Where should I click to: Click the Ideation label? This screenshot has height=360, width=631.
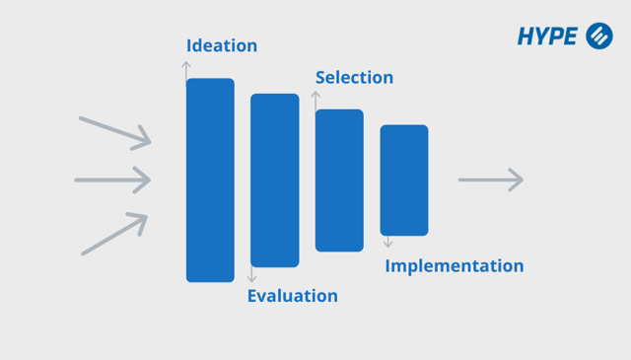click(222, 46)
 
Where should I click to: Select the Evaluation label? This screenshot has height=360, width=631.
click(292, 296)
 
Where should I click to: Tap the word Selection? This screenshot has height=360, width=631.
click(354, 78)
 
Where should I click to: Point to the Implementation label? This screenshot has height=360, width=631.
click(454, 266)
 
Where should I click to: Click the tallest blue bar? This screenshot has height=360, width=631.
click(210, 180)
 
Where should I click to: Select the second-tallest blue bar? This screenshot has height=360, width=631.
click(274, 180)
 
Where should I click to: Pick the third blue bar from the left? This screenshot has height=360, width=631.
click(339, 180)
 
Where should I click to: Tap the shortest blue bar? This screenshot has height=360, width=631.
click(404, 180)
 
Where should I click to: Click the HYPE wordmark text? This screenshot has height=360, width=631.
click(547, 37)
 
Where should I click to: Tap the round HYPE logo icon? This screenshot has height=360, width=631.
click(599, 36)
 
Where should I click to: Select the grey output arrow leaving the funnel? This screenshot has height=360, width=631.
click(490, 180)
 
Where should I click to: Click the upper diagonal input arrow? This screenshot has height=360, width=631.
click(115, 133)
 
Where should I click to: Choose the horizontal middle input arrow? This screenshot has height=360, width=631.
click(112, 180)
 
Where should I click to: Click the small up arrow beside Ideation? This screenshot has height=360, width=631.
click(186, 69)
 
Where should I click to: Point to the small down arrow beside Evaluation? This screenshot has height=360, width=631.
click(252, 275)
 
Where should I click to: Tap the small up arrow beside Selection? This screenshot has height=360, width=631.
click(315, 100)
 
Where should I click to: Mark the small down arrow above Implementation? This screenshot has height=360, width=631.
click(388, 242)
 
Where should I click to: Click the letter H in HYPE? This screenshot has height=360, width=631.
click(526, 37)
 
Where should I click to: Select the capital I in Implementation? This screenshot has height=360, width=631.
click(387, 265)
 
